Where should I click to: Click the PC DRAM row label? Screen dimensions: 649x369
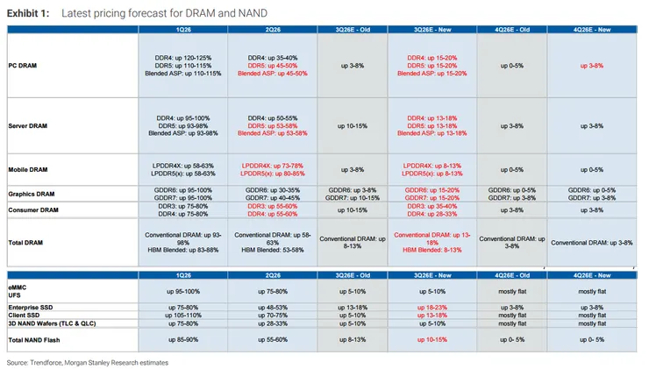point(22,66)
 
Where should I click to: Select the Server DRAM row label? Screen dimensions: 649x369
point(28,125)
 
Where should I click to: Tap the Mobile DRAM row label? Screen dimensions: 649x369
point(28,170)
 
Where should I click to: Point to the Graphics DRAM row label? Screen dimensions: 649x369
point(32,194)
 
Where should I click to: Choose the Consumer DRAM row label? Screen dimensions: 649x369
point(33,210)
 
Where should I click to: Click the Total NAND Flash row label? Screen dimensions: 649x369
point(34,340)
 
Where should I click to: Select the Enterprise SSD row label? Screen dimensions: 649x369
point(30,308)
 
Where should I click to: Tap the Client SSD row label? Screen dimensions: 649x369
point(24,316)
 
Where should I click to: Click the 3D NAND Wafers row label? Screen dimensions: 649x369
point(52,323)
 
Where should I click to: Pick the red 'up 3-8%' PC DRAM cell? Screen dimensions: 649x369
point(592,66)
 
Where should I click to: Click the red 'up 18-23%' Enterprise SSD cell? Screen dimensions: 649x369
point(432,308)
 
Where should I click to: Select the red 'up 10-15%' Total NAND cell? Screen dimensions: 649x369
point(432,339)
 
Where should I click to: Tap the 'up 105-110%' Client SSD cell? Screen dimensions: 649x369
point(183,316)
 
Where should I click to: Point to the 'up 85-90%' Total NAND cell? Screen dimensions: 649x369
point(183,339)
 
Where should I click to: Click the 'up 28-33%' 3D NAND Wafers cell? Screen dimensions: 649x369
point(273,323)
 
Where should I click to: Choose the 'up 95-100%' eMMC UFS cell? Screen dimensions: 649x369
point(183,292)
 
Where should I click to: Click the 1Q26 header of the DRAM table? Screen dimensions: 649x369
point(183,30)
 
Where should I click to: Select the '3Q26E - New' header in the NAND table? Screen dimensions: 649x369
point(432,275)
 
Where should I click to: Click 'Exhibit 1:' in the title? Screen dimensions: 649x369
point(28,13)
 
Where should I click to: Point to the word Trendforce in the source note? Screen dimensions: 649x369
point(46,363)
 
